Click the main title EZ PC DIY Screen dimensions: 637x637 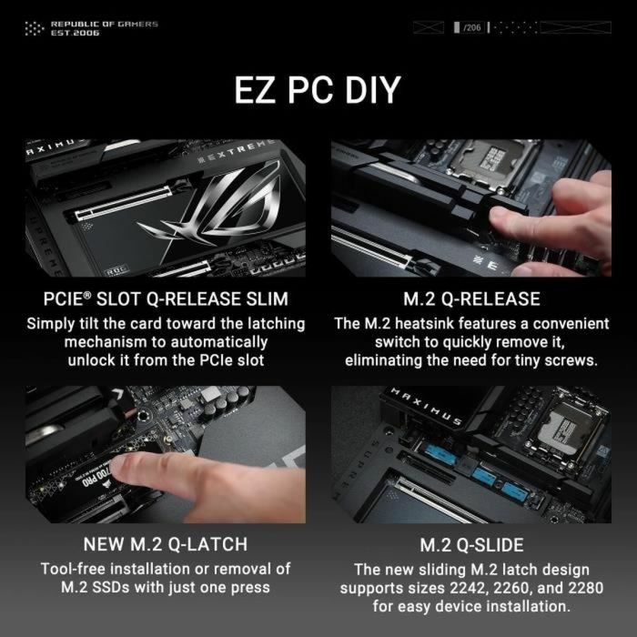pyautogui.click(x=318, y=91)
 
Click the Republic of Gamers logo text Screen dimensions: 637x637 pyautogui.click(x=104, y=25)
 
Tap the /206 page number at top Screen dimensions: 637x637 pyautogui.click(x=471, y=28)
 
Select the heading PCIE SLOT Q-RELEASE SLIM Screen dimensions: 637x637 pyautogui.click(x=165, y=299)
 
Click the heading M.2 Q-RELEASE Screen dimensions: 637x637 pyautogui.click(x=471, y=299)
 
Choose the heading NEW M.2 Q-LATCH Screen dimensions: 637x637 pyautogui.click(x=165, y=544)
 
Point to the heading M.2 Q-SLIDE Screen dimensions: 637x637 pyautogui.click(x=471, y=545)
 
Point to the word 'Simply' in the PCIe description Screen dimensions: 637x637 pyautogui.click(x=52, y=324)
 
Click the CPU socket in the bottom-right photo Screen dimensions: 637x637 pyautogui.click(x=564, y=424)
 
